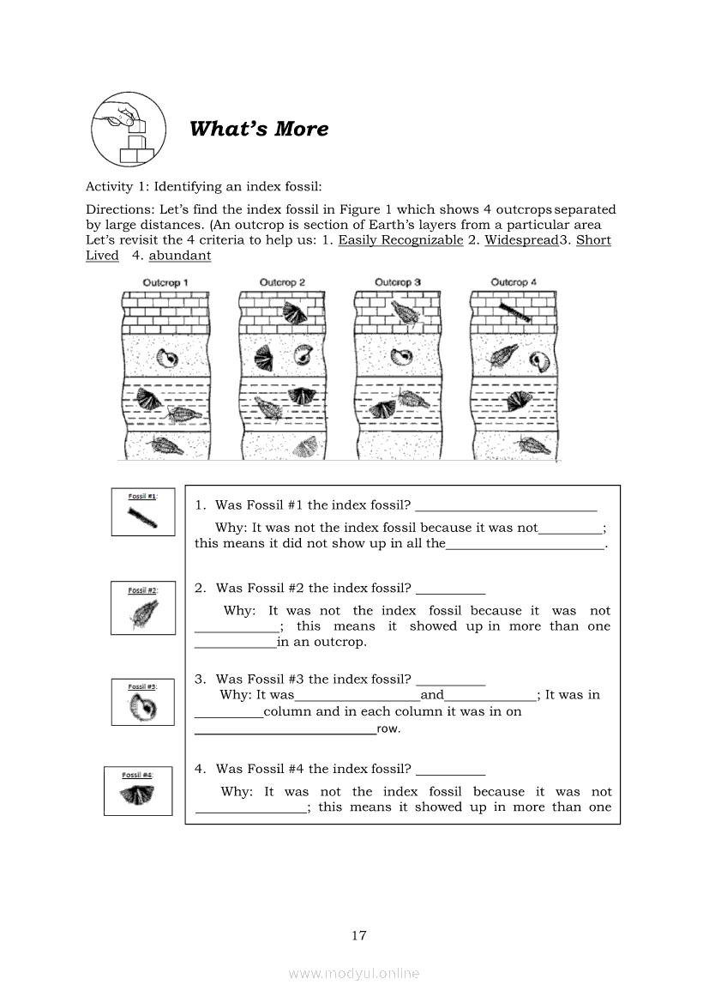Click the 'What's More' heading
pyautogui.click(x=259, y=129)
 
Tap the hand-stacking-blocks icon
pyautogui.click(x=129, y=130)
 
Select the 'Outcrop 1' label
pyautogui.click(x=165, y=282)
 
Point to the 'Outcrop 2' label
pyautogui.click(x=282, y=282)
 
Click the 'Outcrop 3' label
pyautogui.click(x=398, y=282)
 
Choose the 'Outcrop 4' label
pyautogui.click(x=514, y=282)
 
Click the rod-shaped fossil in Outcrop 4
pyautogui.click(x=515, y=312)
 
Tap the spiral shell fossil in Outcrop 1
pyautogui.click(x=170, y=359)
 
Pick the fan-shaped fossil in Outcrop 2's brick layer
pyautogui.click(x=296, y=312)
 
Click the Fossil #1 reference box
pyautogui.click(x=143, y=511)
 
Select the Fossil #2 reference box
pyautogui.click(x=143, y=607)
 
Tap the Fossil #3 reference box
pyautogui.click(x=143, y=702)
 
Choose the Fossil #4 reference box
pyautogui.click(x=138, y=790)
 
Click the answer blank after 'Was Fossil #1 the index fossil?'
pyautogui.click(x=507, y=511)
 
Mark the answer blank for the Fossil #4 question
pyautogui.click(x=451, y=774)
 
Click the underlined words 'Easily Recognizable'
pyautogui.click(x=401, y=240)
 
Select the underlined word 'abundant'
pyautogui.click(x=180, y=255)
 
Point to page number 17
pyautogui.click(x=358, y=936)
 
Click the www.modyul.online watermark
pyautogui.click(x=354, y=974)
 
